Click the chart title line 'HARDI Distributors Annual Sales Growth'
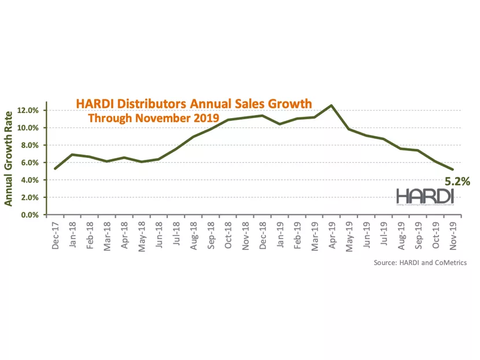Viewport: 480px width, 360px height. pos(194,104)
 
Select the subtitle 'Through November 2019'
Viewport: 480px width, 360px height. pos(153,118)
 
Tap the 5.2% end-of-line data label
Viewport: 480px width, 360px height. pos(457,182)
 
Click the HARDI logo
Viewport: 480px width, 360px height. pos(424,196)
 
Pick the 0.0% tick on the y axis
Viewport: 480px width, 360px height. pos(29,215)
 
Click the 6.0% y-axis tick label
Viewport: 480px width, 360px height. pos(29,163)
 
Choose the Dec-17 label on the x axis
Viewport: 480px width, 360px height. pos(55,236)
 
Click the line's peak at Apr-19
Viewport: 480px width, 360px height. pos(331,105)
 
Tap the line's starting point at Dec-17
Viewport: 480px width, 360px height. pos(55,168)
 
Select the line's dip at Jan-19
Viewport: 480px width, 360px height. pos(279,124)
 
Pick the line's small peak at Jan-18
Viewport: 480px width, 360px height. pos(72,155)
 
